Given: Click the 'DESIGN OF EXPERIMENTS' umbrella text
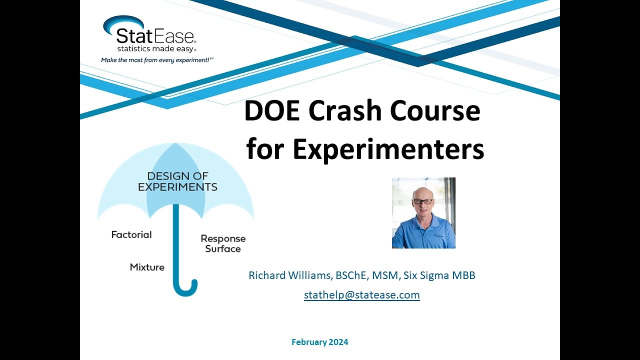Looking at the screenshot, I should (x=177, y=182).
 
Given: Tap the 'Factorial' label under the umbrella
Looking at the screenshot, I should (x=131, y=234).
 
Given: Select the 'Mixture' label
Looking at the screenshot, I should (x=147, y=267).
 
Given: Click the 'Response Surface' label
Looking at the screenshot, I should (x=223, y=243).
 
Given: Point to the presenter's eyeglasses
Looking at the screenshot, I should (x=423, y=201).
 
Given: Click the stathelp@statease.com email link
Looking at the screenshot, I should (x=362, y=295).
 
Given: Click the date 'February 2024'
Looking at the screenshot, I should (x=320, y=342).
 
